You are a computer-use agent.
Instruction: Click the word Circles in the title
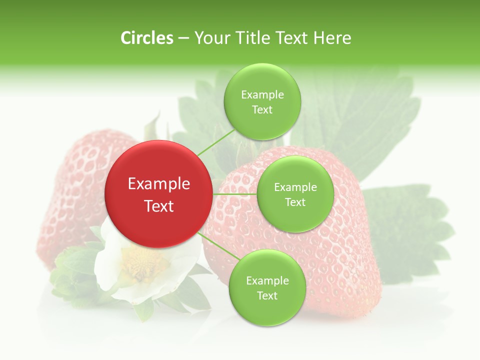click(147, 38)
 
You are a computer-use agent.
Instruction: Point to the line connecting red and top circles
click(215, 143)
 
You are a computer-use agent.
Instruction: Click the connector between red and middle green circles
click(234, 194)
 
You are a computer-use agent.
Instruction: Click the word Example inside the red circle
click(159, 184)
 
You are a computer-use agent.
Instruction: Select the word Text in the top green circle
click(262, 110)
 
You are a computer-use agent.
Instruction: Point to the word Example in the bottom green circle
click(267, 280)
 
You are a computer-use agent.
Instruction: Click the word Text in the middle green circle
click(295, 202)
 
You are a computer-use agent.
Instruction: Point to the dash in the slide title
click(183, 38)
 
